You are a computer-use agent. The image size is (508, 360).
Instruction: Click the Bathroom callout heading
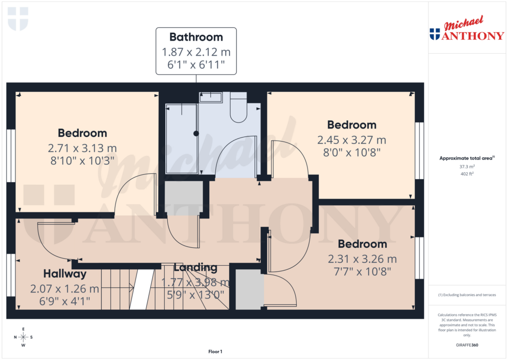pyautogui.click(x=196, y=37)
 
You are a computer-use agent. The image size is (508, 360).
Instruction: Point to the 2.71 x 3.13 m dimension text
pyautogui.click(x=82, y=147)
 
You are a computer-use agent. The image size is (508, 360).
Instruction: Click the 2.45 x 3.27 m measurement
pyautogui.click(x=351, y=140)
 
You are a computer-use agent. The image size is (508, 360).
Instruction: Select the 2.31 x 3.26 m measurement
pyautogui.click(x=362, y=259)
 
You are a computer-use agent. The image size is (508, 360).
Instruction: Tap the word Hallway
pyautogui.click(x=64, y=274)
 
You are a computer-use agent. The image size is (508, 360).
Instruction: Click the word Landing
pyautogui.click(x=195, y=268)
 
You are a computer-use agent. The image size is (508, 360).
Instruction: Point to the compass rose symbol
pyautogui.click(x=23, y=337)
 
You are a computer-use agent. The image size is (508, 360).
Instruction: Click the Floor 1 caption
pyautogui.click(x=215, y=352)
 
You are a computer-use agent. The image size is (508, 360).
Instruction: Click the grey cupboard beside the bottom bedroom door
pyautogui.click(x=250, y=289)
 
